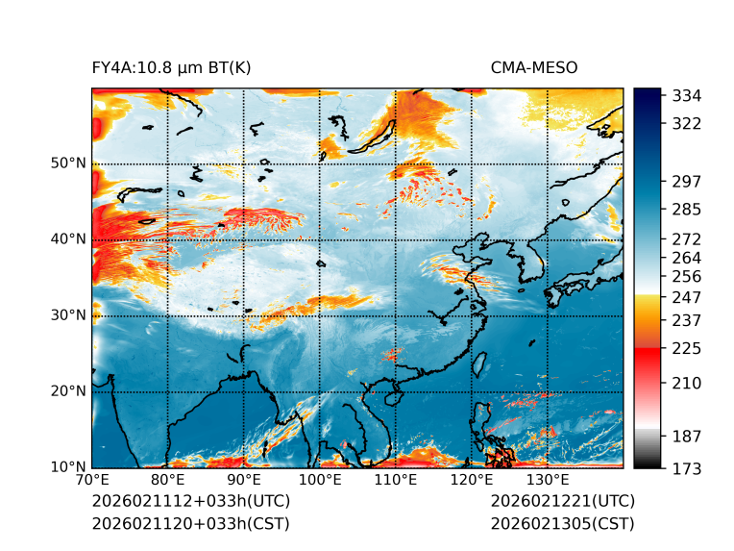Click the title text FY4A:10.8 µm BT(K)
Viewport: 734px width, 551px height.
coord(171,67)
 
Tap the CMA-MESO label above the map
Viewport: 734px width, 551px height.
coord(533,67)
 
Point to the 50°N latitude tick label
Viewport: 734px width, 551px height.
coord(68,163)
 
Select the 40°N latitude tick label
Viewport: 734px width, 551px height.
coord(68,238)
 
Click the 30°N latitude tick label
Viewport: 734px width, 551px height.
coord(68,314)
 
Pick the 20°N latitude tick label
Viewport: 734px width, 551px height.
coord(68,390)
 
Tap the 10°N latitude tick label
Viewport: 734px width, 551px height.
coord(68,467)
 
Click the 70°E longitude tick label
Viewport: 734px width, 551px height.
coord(92,480)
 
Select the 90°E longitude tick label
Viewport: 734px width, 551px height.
coord(244,480)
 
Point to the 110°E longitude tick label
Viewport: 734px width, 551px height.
coord(396,480)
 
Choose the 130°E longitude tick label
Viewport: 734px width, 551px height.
coord(548,480)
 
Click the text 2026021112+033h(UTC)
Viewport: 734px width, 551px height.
coord(190,501)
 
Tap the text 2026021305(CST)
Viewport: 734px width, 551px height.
coord(562,523)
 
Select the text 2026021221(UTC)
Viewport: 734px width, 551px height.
coord(562,501)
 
